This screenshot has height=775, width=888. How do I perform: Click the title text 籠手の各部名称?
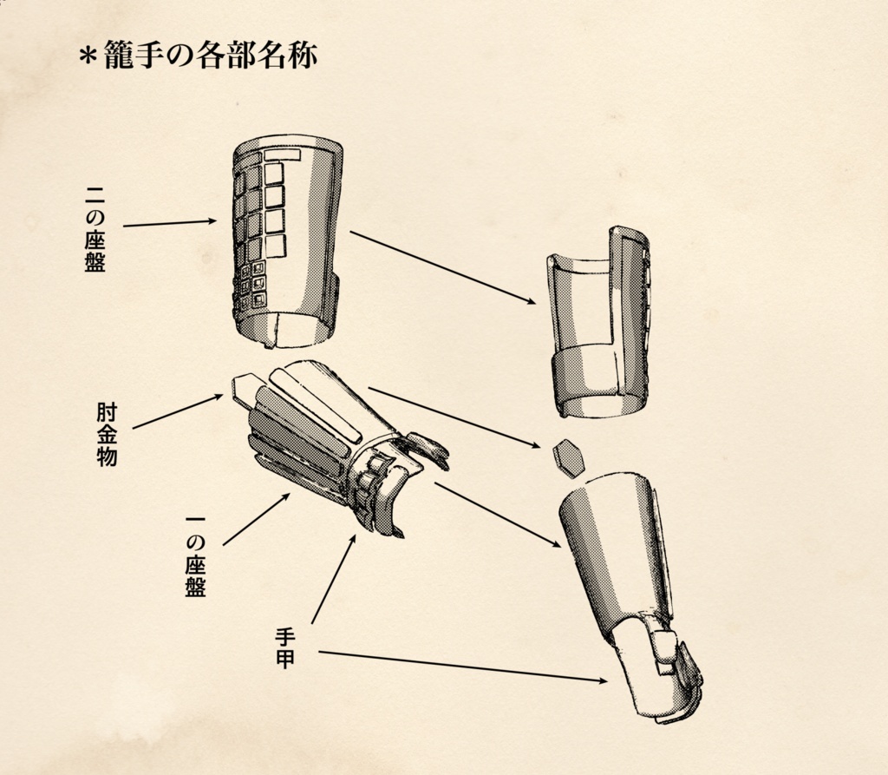(211, 56)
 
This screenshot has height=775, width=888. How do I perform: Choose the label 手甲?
(286, 647)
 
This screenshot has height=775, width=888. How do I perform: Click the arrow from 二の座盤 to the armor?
(169, 223)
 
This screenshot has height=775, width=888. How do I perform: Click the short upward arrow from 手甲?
(334, 579)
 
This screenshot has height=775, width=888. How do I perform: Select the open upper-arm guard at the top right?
(598, 321)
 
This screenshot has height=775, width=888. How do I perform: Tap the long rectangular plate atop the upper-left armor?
(283, 155)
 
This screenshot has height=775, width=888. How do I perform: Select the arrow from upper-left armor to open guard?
(442, 267)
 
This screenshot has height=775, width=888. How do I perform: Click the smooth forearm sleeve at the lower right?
(611, 547)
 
